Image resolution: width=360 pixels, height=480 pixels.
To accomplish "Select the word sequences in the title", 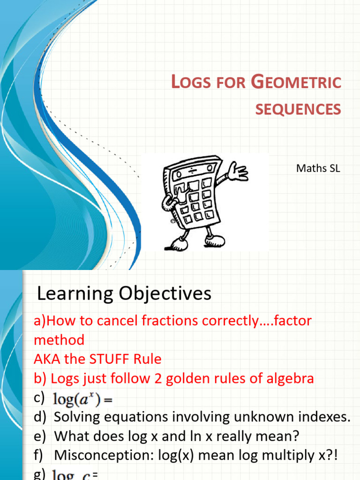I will point(298,109).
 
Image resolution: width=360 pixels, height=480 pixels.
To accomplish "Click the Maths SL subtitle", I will point(318,168).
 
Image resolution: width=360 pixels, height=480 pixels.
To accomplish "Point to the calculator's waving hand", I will point(239,172).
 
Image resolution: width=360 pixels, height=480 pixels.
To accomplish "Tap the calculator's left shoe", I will point(179,243).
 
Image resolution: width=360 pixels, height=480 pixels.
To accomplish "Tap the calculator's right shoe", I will point(214,240).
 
